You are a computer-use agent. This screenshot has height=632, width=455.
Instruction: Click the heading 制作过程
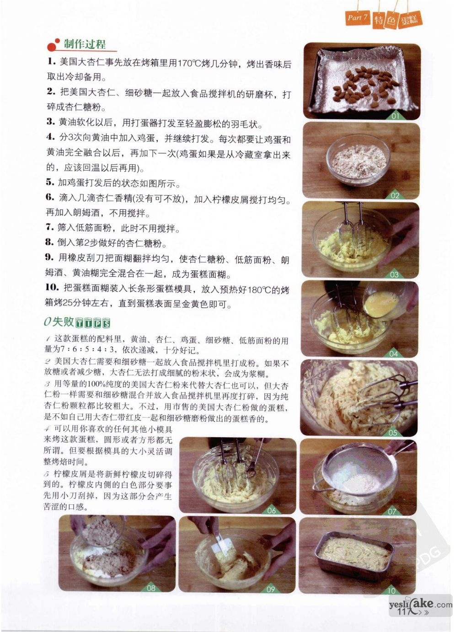[x=85, y=44]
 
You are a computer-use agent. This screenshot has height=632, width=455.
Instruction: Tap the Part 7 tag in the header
[x=358, y=17]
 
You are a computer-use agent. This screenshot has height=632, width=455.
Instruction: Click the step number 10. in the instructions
[x=52, y=288]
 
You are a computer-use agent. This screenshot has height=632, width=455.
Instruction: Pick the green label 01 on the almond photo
[x=395, y=116]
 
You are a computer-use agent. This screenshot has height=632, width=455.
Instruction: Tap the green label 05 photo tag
[x=393, y=433]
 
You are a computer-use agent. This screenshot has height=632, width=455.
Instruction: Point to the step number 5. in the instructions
[x=50, y=182]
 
